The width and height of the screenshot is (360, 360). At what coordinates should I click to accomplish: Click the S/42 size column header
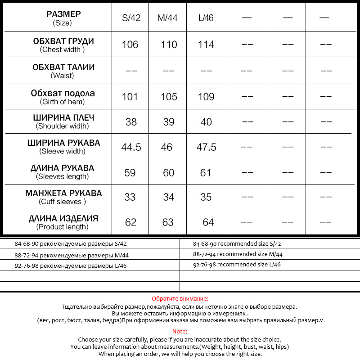pos(131,18)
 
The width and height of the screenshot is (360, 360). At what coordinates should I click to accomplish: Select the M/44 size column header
pos(168,18)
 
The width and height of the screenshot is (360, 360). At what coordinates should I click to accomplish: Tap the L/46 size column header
pos(206,18)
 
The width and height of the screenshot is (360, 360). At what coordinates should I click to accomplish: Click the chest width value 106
pos(130,45)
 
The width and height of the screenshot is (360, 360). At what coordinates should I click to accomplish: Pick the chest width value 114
pos(206,45)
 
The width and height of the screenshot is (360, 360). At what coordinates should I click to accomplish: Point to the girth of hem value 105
pos(169,97)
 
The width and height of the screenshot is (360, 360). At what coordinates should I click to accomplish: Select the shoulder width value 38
pos(130,122)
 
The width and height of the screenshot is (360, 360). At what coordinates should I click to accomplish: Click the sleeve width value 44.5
pos(131,147)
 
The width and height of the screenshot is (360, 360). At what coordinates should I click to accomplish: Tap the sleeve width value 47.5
pos(207,147)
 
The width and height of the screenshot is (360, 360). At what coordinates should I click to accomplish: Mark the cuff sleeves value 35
pos(206,198)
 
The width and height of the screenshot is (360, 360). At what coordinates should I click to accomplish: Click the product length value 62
pos(130,222)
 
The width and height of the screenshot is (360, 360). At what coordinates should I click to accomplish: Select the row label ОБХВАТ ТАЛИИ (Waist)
pos(63,71)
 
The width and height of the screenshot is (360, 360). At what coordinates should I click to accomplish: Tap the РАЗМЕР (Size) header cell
pos(63,18)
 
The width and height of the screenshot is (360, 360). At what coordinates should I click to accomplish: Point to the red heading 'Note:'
pos(180,331)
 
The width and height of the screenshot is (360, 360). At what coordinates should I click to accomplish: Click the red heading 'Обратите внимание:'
pos(180,299)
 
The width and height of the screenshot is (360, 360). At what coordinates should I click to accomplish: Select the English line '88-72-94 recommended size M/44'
pos(237,254)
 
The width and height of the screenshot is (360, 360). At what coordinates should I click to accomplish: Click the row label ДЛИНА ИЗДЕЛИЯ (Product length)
pos(63,222)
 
